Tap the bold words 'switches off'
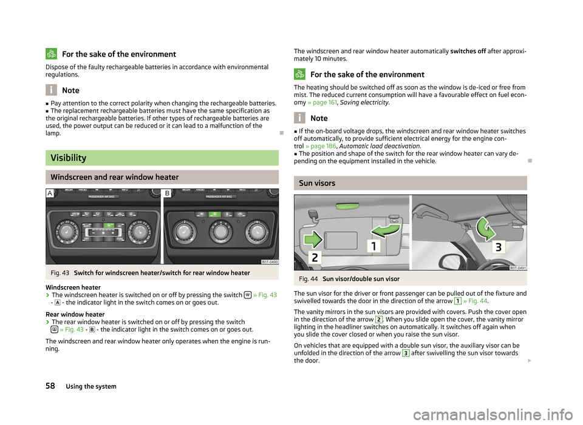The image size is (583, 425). (x=469, y=50)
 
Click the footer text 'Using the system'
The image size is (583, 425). (x=91, y=386)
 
